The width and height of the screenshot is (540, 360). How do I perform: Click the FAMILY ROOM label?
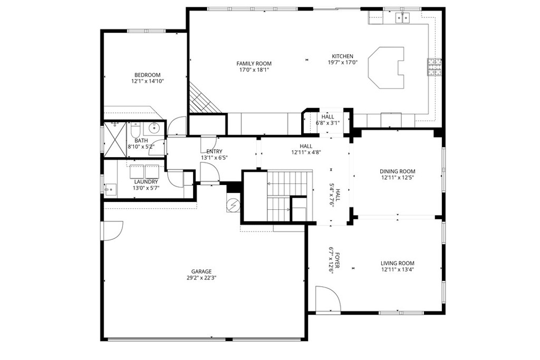[254, 63]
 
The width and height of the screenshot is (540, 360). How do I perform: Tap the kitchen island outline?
[388, 67]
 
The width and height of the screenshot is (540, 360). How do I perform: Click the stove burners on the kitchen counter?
[436, 67]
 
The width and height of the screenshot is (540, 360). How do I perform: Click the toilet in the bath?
[134, 130]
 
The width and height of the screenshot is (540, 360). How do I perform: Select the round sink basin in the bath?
[155, 128]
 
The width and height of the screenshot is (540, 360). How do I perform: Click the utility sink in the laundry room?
[111, 189]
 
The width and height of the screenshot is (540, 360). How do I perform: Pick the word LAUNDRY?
[146, 182]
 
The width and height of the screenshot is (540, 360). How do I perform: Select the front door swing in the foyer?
[327, 298]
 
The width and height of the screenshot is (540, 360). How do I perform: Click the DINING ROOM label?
[397, 171]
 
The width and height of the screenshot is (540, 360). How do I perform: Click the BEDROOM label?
[147, 75]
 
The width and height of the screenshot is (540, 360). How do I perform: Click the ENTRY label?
[214, 151]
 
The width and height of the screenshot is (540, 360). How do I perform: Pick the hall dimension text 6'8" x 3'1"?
[327, 123]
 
